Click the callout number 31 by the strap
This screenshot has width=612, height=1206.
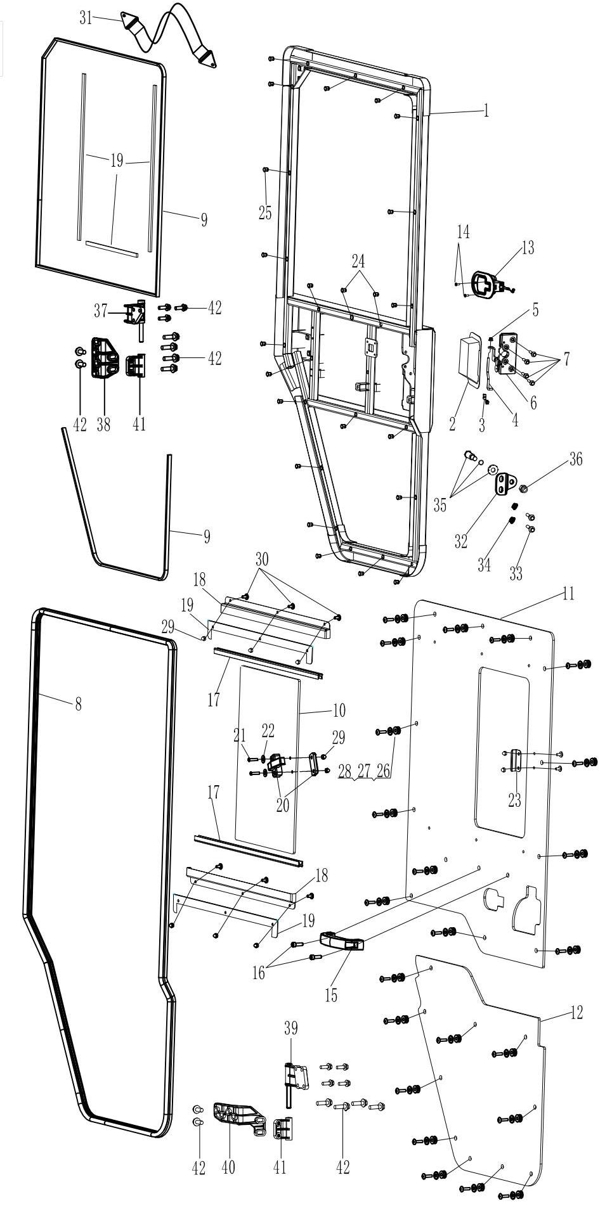point(86,18)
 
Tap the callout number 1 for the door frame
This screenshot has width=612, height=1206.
point(486,111)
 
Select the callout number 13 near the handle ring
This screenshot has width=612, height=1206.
point(528,248)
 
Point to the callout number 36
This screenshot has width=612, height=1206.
point(575,459)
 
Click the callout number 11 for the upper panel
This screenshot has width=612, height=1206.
point(568,594)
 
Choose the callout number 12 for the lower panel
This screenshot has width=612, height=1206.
point(576,1012)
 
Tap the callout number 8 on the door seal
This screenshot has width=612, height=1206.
point(78,703)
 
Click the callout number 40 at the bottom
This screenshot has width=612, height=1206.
point(228,1167)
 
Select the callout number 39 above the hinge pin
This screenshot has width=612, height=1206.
point(290,1027)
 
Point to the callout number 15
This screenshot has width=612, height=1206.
point(331,994)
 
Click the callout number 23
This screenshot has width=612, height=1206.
point(514,800)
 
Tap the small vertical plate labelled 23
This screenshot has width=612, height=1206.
point(514,760)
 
